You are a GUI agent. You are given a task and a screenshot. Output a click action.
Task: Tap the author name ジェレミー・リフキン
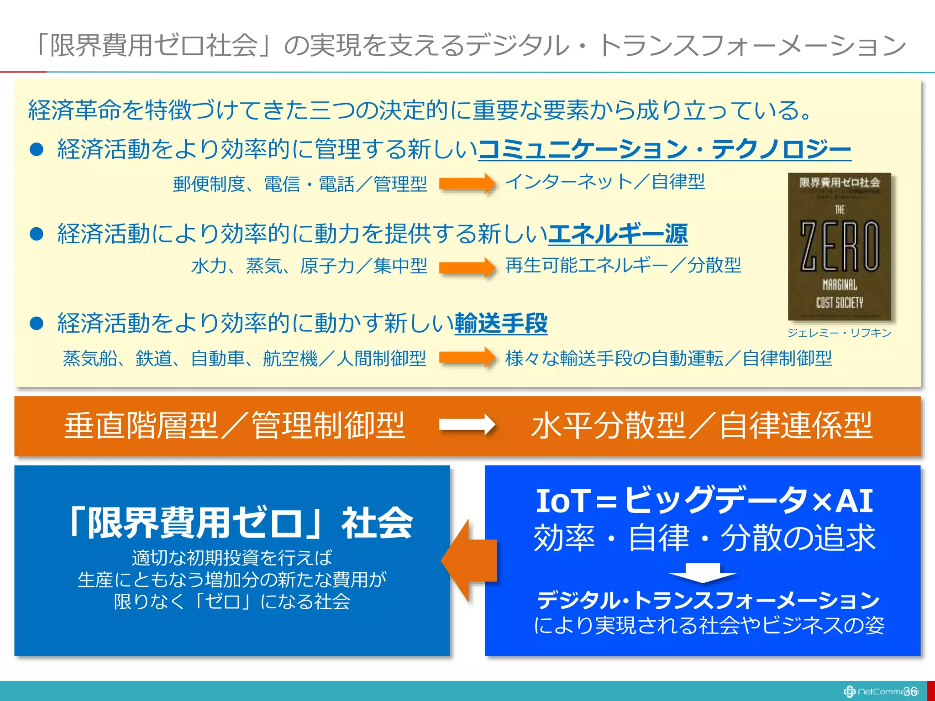839,333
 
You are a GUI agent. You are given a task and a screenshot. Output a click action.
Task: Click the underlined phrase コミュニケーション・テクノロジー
664,149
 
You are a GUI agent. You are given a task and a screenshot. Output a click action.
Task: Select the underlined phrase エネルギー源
618,234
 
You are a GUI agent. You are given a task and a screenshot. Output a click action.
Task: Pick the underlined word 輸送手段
501,323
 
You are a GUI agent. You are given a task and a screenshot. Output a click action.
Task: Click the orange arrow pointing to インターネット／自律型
467,183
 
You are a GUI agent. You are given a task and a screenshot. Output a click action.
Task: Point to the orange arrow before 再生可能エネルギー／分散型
467,267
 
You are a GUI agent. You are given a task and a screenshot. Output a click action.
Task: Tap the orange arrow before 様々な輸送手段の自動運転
467,357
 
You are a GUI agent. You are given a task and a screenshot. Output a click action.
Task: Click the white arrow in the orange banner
467,425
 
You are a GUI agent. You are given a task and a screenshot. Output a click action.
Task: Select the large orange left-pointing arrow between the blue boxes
468,560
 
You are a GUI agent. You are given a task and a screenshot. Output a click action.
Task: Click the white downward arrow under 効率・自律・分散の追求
702,573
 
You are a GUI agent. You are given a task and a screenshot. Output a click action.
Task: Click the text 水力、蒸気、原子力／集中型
309,266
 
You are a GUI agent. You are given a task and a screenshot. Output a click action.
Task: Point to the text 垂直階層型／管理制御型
234,425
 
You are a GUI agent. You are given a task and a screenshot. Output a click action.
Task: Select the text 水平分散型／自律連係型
702,425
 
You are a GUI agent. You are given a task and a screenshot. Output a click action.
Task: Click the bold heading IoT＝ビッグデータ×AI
704,501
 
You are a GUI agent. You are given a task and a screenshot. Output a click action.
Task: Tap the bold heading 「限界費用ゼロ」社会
239,523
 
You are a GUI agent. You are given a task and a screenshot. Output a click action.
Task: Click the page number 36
910,691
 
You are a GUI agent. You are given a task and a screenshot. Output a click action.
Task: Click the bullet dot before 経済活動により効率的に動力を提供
36,234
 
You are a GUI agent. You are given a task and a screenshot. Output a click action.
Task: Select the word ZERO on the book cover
839,246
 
